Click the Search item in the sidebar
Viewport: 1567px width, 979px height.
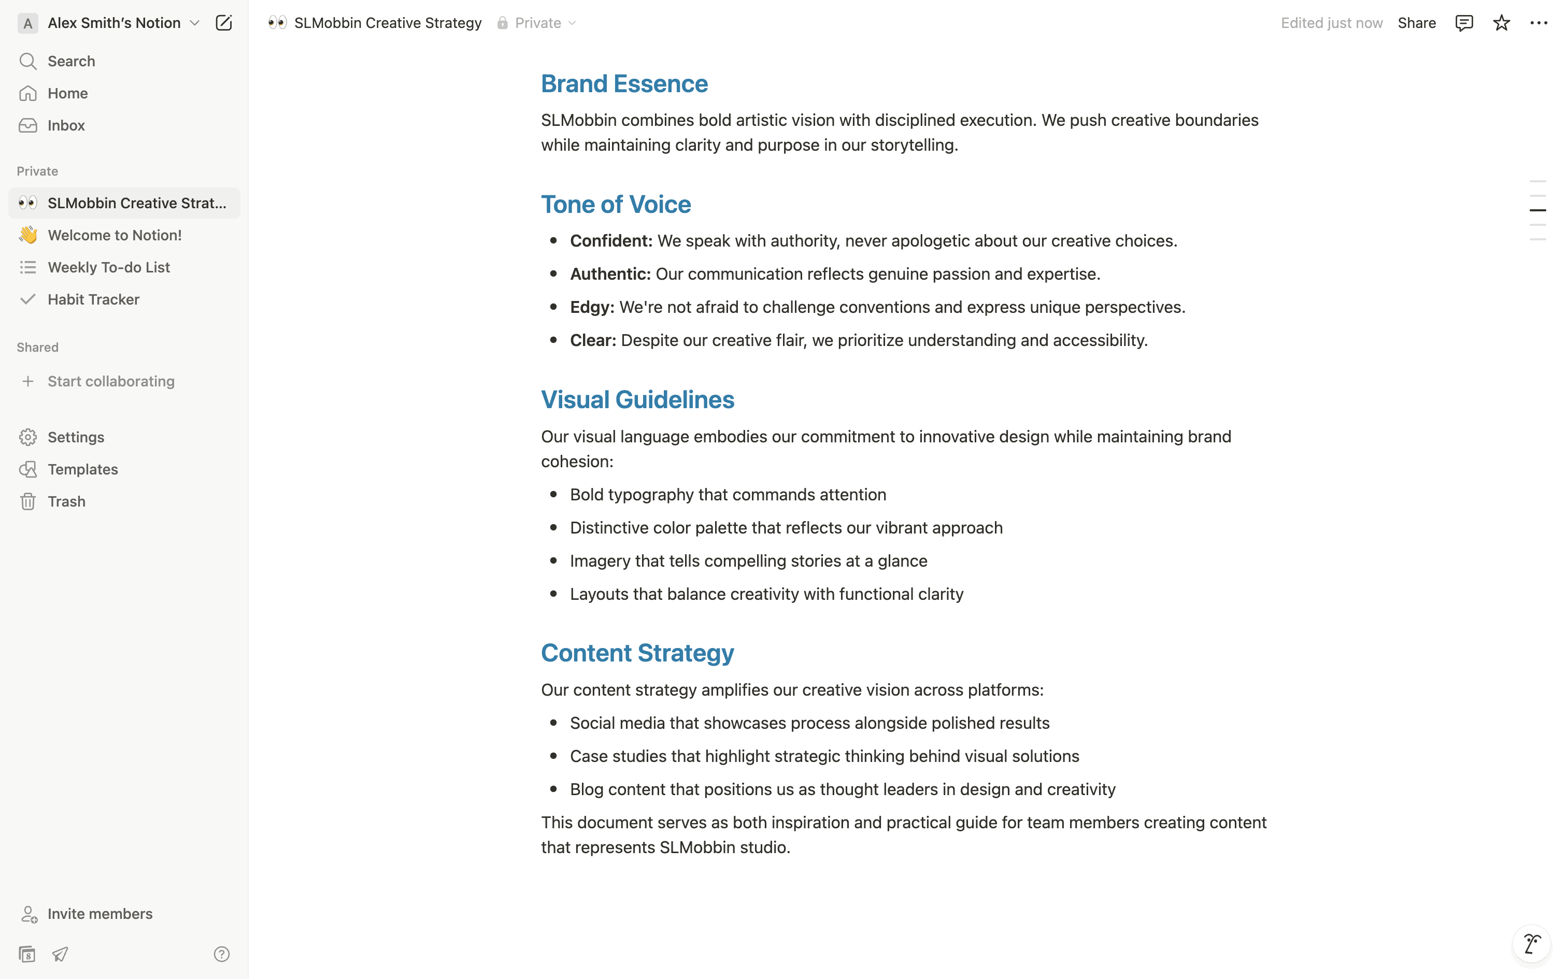coord(70,62)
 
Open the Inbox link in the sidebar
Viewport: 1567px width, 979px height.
coord(66,125)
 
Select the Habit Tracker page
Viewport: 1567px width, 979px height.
coord(93,300)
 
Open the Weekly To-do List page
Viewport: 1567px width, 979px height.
coord(108,267)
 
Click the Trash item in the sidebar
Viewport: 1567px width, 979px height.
coord(66,502)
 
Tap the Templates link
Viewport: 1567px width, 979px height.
coord(82,469)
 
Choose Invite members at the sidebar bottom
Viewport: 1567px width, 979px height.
coord(99,914)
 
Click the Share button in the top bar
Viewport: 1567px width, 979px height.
coord(1416,23)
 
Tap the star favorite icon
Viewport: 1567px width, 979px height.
coord(1501,23)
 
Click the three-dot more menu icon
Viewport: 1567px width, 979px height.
coord(1538,23)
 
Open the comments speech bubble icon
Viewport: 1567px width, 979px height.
coord(1464,23)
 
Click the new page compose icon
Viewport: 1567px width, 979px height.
coord(223,23)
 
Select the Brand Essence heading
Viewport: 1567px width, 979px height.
coord(624,84)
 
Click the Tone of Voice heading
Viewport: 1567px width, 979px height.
coord(616,205)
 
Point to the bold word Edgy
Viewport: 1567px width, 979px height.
coord(591,308)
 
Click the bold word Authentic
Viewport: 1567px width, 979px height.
coord(609,275)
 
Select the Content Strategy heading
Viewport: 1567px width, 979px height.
coord(637,653)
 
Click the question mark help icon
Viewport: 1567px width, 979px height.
coord(221,954)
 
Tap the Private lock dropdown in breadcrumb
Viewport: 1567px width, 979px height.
coord(537,23)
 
